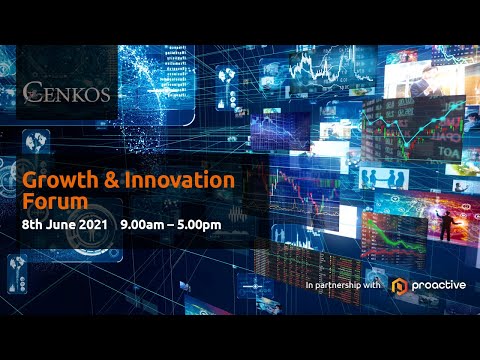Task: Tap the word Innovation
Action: (177, 181)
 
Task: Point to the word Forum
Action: (50, 202)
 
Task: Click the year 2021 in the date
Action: (94, 225)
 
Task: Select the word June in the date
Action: (62, 225)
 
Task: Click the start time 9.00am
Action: (140, 225)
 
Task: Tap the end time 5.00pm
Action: (201, 225)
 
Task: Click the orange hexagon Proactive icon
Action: (399, 286)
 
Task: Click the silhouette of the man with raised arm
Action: (444, 224)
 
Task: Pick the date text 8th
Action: (33, 225)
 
